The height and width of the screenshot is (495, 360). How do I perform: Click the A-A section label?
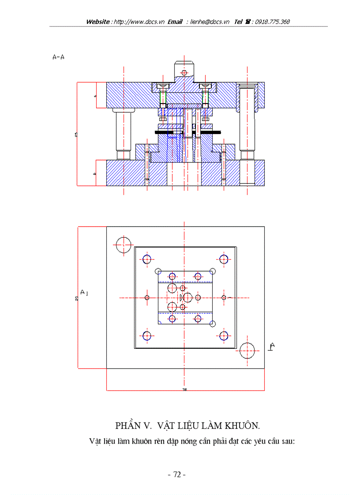(x=58, y=57)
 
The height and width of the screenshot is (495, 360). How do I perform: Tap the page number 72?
(x=177, y=474)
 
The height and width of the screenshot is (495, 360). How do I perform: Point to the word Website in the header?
(x=98, y=22)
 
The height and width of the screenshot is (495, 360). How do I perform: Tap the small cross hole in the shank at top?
(x=184, y=72)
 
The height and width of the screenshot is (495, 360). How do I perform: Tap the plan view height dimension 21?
(x=77, y=298)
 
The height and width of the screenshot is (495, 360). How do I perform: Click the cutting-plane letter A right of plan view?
(x=272, y=346)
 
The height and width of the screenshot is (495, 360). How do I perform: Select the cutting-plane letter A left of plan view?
(x=82, y=292)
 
